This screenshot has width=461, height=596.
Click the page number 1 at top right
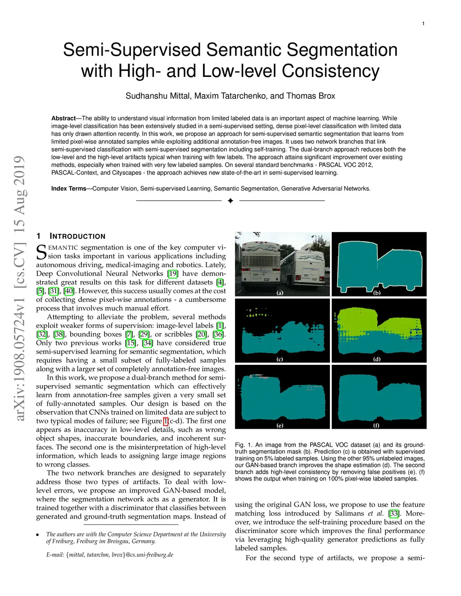423,23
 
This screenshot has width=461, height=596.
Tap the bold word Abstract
63,118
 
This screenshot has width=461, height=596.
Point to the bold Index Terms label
68,188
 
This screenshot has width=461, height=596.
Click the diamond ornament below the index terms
230,201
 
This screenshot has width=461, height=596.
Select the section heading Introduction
77,236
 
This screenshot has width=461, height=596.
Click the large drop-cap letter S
41,252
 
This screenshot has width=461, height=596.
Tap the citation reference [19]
173,273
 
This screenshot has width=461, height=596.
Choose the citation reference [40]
69,291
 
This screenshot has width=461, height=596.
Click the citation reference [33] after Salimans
394,513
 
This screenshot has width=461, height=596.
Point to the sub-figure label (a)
280,293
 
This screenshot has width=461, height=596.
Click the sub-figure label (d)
377,359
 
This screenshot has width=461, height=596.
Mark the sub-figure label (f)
376,425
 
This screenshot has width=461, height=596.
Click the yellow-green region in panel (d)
360,319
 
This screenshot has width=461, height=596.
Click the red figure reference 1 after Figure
166,421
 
